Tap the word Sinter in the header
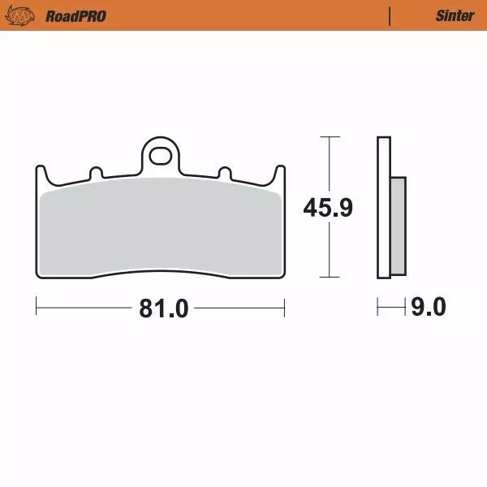click(x=455, y=15)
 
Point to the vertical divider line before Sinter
click(x=390, y=15)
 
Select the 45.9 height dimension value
click(x=327, y=208)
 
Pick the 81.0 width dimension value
click(x=164, y=308)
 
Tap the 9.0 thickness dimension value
click(x=428, y=308)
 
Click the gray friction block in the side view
click(x=398, y=225)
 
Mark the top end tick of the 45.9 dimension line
click(x=327, y=137)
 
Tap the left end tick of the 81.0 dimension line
click(x=37, y=308)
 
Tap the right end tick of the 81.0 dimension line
click(x=284, y=308)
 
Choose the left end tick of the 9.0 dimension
click(x=378, y=308)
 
